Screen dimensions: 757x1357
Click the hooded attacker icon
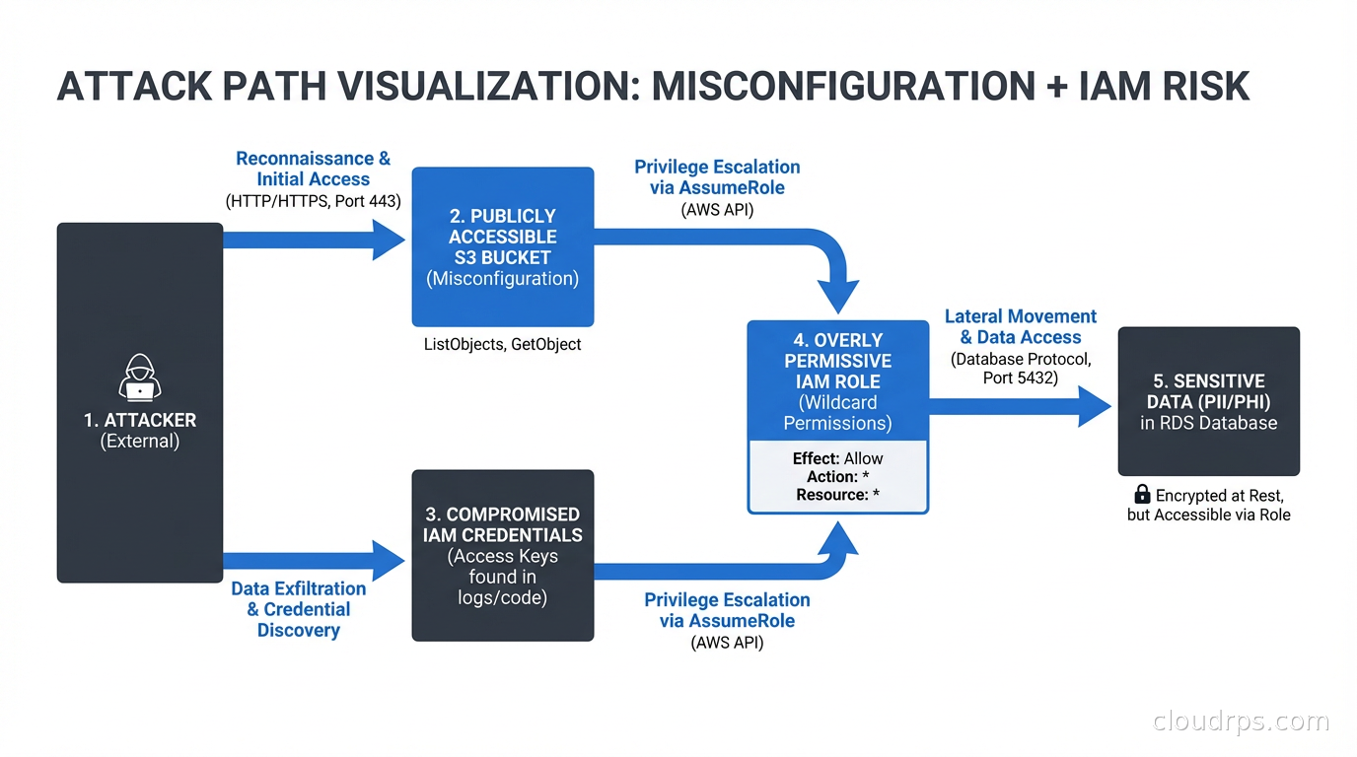tap(140, 377)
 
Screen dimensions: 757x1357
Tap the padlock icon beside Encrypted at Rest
tap(1142, 495)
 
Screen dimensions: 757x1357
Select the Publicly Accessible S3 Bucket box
tap(502, 246)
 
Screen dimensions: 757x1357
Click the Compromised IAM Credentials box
tap(502, 555)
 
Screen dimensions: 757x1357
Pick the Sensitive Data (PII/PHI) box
tap(1208, 401)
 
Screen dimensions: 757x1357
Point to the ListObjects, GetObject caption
tap(502, 344)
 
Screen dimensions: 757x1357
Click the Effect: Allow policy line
tap(837, 458)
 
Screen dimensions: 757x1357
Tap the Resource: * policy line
tap(837, 495)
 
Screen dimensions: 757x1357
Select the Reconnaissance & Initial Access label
tap(313, 169)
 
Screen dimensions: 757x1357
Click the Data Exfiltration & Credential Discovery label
tap(298, 609)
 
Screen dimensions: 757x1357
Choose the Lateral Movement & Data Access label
tap(1020, 326)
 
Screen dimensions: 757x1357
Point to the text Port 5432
tap(1020, 378)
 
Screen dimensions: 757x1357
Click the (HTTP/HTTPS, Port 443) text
tap(313, 202)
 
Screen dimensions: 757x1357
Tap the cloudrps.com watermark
tap(1241, 722)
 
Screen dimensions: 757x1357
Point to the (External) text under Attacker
tap(140, 442)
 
